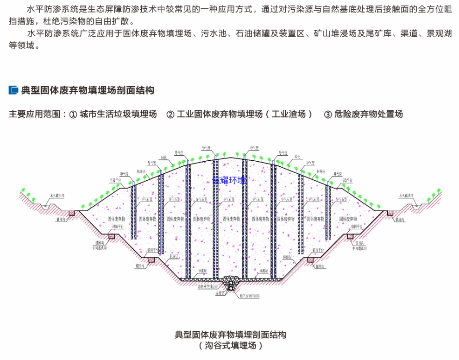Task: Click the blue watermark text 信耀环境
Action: tap(229, 180)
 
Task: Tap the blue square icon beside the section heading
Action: tap(13, 90)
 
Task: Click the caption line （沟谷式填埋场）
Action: tap(230, 346)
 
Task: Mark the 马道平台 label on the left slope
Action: tap(116, 180)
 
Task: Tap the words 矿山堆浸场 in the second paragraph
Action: tap(332, 34)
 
